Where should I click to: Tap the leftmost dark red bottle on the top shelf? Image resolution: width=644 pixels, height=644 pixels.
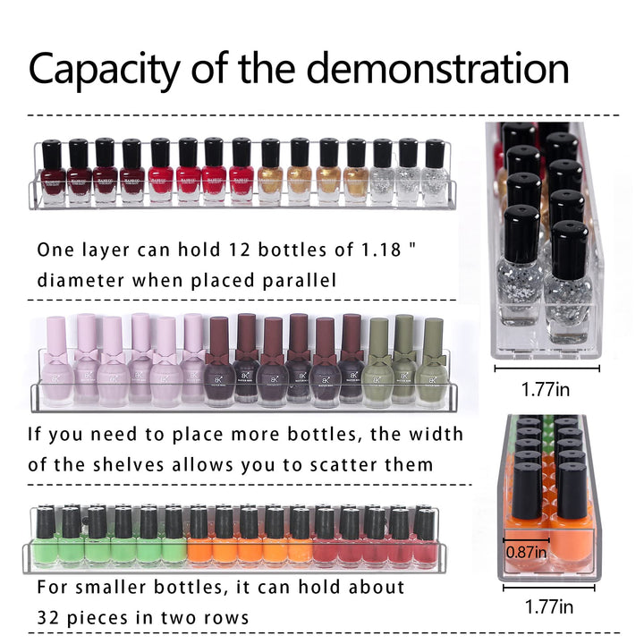click(x=53, y=174)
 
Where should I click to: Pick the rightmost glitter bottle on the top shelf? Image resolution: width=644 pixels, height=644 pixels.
click(x=435, y=173)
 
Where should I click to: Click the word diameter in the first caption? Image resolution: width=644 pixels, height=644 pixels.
click(x=80, y=281)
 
